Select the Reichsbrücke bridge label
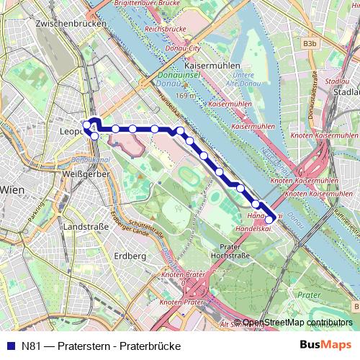coord(165,30)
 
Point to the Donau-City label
coord(186,48)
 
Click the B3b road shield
coord(310,44)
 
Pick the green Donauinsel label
coord(171,73)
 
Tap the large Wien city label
coord(13,189)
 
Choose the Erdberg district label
coord(130,256)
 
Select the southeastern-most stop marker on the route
coord(270,219)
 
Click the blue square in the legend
coord(9,346)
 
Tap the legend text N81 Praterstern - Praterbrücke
coord(101,346)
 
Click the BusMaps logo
coord(325,346)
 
